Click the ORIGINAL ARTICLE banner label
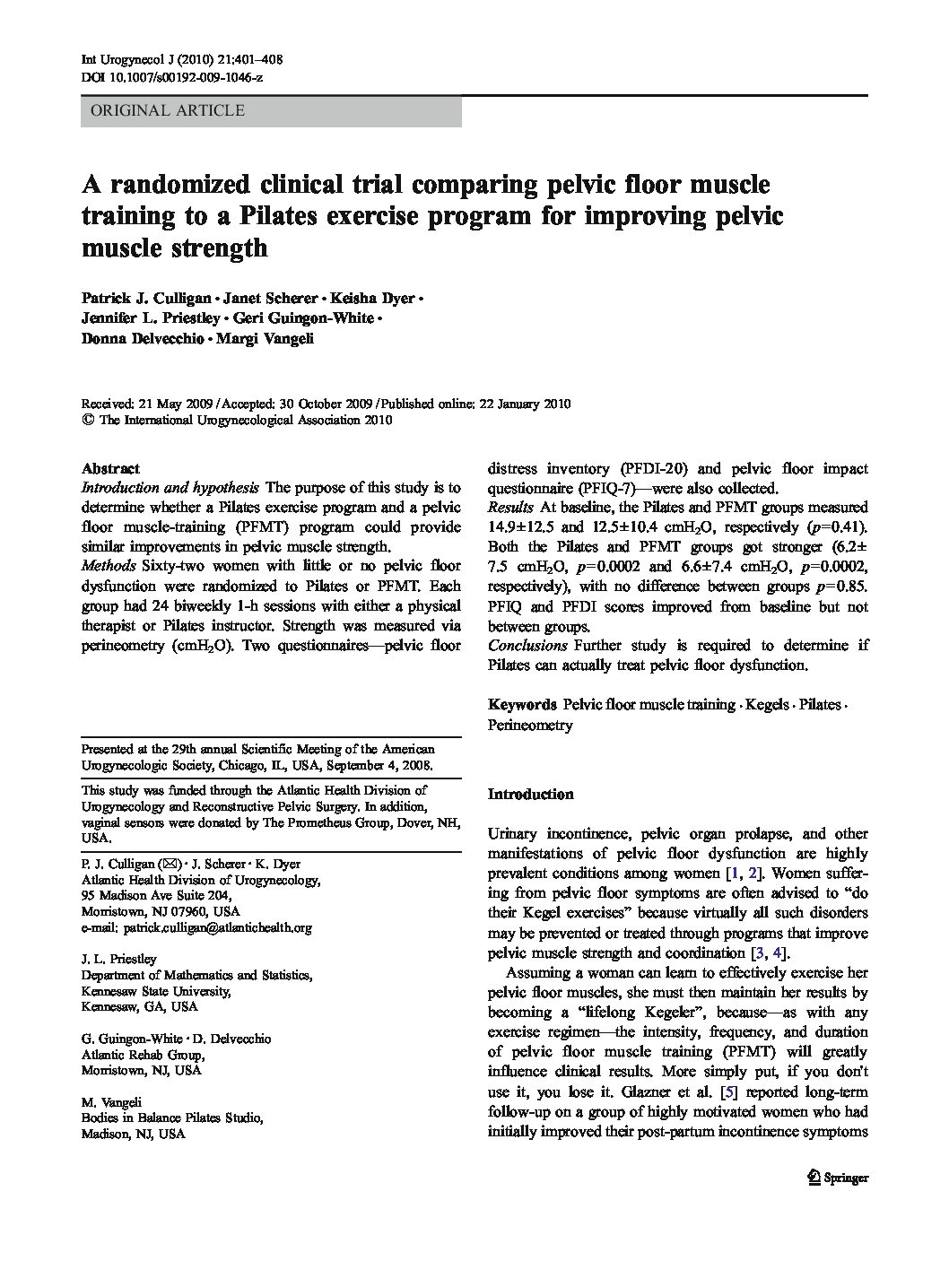tap(162, 111)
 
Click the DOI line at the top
tap(171, 78)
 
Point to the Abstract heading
tap(110, 468)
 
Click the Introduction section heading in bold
tap(530, 794)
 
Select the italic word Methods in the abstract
tap(108, 566)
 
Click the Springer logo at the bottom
tap(838, 1178)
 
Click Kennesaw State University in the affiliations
tap(156, 991)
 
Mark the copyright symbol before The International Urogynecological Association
tap(87, 419)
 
